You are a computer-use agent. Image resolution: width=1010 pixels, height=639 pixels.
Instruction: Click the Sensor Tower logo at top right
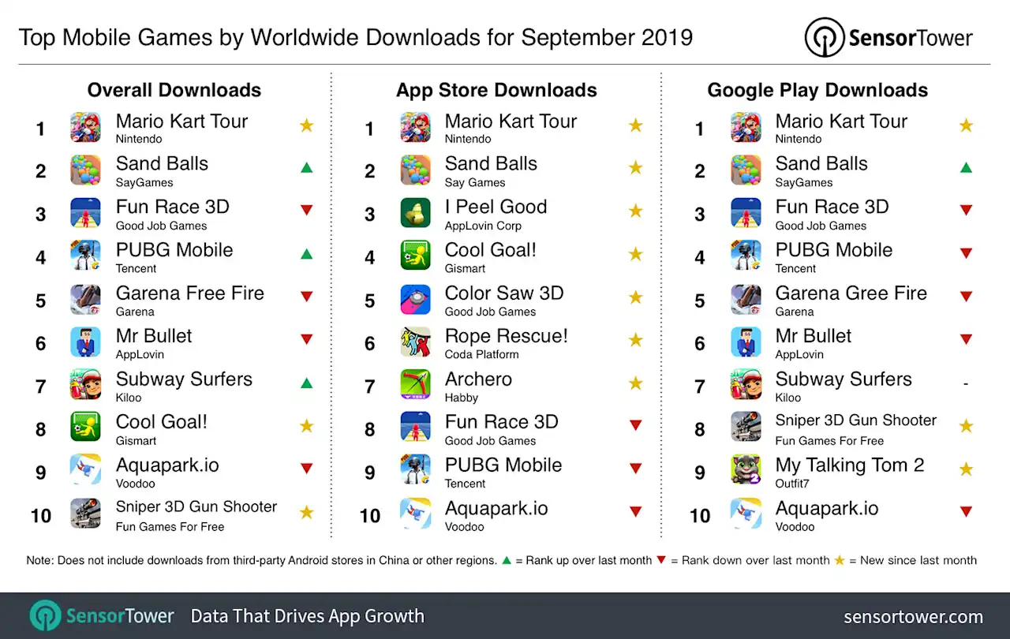pyautogui.click(x=888, y=37)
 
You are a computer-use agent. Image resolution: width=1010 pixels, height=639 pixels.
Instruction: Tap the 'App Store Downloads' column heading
pyautogui.click(x=496, y=91)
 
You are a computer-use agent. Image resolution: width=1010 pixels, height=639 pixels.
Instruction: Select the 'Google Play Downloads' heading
pyautogui.click(x=817, y=91)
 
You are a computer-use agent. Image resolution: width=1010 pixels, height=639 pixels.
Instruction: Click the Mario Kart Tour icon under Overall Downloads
pyautogui.click(x=85, y=128)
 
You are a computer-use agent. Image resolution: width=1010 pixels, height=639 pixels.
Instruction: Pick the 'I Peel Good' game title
pyautogui.click(x=496, y=207)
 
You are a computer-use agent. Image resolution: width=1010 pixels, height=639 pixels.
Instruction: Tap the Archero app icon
pyautogui.click(x=415, y=385)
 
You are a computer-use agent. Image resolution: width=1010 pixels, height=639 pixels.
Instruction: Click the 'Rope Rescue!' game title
pyautogui.click(x=506, y=336)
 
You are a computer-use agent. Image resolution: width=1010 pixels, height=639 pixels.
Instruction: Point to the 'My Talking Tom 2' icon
pyautogui.click(x=746, y=471)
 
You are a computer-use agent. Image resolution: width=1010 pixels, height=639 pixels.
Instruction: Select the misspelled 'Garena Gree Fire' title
pyautogui.click(x=851, y=293)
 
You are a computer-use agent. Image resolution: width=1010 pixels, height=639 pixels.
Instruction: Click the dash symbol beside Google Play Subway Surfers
pyautogui.click(x=965, y=384)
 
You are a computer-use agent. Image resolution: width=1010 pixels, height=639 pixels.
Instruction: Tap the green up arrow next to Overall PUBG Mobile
pyautogui.click(x=306, y=254)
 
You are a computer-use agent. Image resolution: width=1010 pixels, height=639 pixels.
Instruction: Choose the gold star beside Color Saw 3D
pyautogui.click(x=635, y=297)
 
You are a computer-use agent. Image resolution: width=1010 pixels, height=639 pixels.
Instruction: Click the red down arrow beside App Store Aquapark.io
pyautogui.click(x=635, y=512)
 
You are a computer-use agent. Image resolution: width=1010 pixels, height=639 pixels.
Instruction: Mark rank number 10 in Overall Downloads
pyautogui.click(x=41, y=516)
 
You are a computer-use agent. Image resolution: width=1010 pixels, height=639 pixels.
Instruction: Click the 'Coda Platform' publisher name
pyautogui.click(x=481, y=355)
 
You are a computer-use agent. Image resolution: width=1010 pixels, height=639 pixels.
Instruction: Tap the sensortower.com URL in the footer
pyautogui.click(x=913, y=617)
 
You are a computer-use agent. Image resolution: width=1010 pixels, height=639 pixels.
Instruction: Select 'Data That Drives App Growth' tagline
pyautogui.click(x=307, y=616)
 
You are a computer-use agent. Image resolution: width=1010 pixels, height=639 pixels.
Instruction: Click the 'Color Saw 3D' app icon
pyautogui.click(x=415, y=299)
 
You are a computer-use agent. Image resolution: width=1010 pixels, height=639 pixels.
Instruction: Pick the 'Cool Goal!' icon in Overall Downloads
pyautogui.click(x=85, y=428)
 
